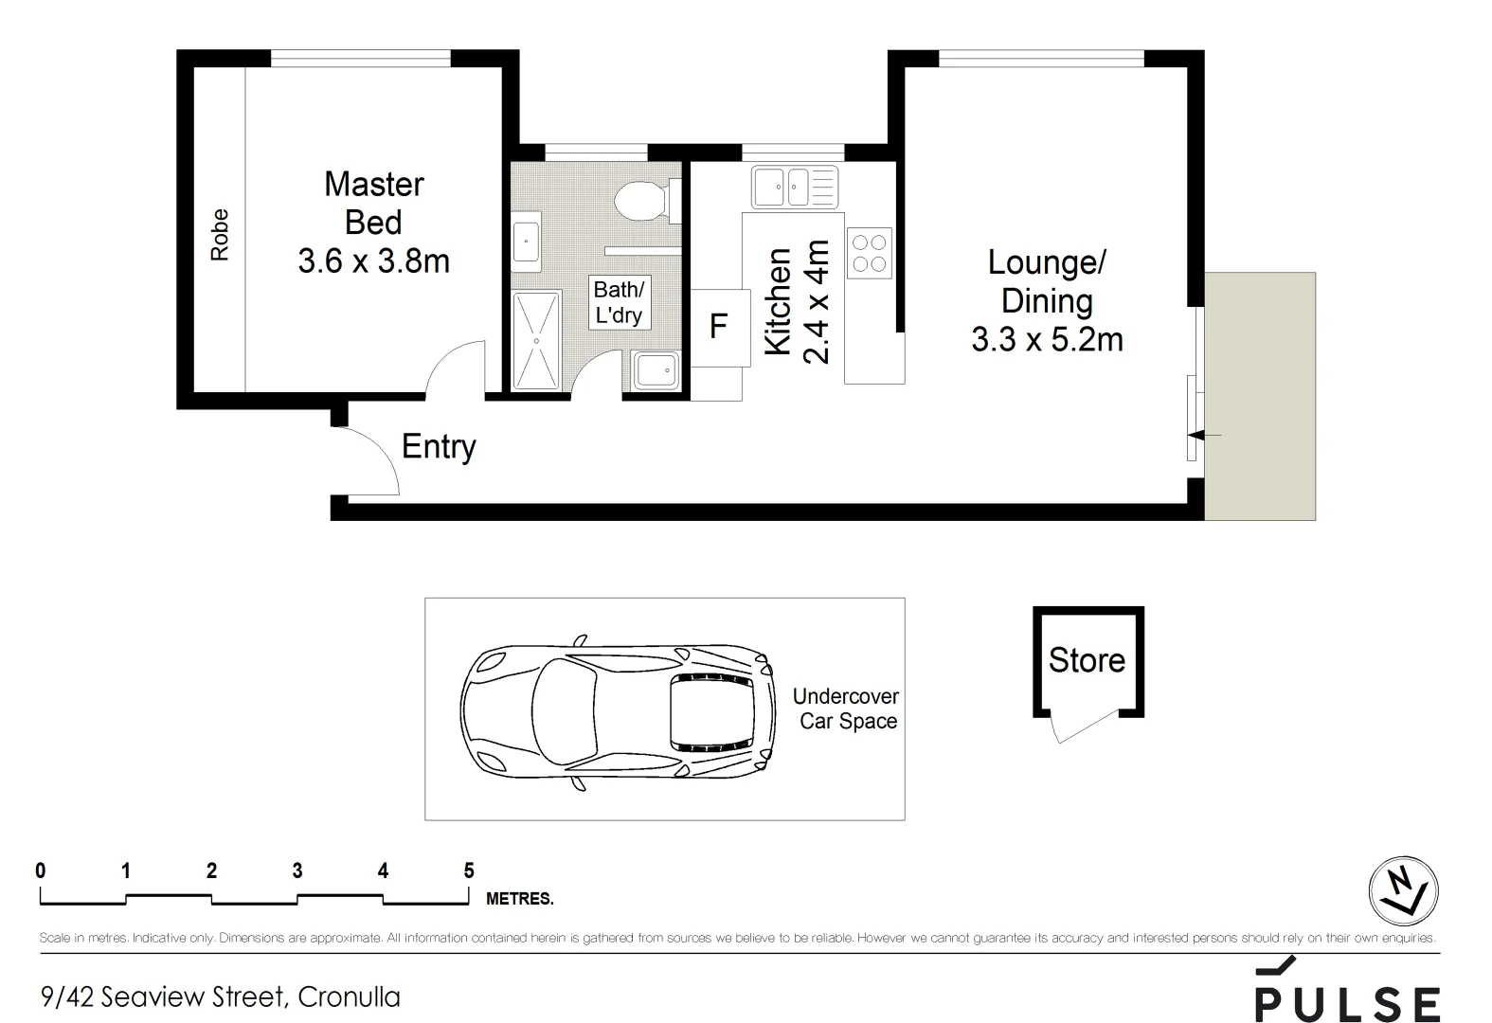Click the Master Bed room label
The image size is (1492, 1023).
pyautogui.click(x=373, y=223)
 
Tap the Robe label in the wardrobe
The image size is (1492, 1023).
pyautogui.click(x=220, y=235)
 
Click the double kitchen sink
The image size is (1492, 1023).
pyautogui.click(x=794, y=187)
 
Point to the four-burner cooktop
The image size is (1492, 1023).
pyautogui.click(x=870, y=253)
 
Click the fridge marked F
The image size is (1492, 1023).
pyautogui.click(x=719, y=328)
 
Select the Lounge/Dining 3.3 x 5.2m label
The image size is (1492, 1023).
pyautogui.click(x=1047, y=300)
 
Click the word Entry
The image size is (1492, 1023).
pyautogui.click(x=439, y=446)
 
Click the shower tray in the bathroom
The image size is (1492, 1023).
pyautogui.click(x=536, y=340)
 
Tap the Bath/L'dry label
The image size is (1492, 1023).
pyautogui.click(x=619, y=302)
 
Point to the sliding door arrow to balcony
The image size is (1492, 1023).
pyautogui.click(x=1203, y=435)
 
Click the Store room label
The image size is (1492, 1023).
pyautogui.click(x=1087, y=660)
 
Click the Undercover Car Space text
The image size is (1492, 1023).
pyautogui.click(x=846, y=709)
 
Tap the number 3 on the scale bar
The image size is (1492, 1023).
pyautogui.click(x=297, y=870)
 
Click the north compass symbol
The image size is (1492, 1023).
pyautogui.click(x=1403, y=891)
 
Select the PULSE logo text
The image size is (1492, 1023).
pyautogui.click(x=1346, y=1002)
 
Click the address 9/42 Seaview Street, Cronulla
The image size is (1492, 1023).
pyautogui.click(x=220, y=996)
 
